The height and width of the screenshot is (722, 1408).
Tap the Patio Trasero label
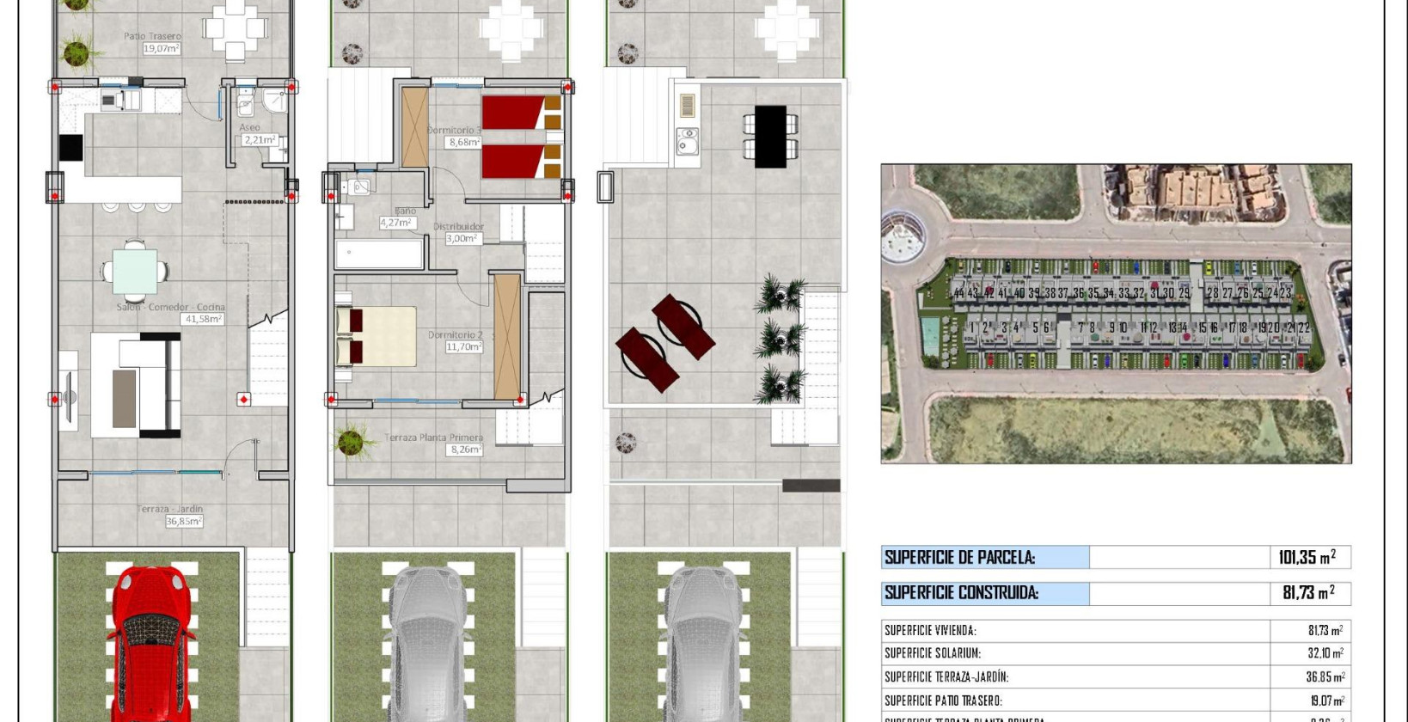point(152,36)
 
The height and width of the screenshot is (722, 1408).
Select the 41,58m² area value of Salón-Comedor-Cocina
point(203,319)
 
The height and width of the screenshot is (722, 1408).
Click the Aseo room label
point(249,127)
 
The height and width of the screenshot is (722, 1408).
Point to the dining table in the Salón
point(135,271)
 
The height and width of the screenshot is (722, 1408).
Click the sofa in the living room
point(138,385)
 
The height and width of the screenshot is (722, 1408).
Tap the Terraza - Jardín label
point(170,509)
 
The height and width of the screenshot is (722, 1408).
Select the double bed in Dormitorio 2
point(376,336)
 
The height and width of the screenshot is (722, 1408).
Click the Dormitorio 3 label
point(454,131)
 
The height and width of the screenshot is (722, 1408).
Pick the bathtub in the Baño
point(379,254)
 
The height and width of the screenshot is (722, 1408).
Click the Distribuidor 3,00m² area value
point(462,239)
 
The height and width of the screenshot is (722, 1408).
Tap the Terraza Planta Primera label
point(433,437)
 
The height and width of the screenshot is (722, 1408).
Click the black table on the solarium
point(769,136)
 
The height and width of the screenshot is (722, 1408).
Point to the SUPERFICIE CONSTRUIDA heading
point(961,592)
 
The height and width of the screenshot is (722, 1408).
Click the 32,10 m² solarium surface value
point(1325,653)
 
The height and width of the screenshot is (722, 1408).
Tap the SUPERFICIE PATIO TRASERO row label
point(943,701)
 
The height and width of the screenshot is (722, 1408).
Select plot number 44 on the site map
point(958,293)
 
